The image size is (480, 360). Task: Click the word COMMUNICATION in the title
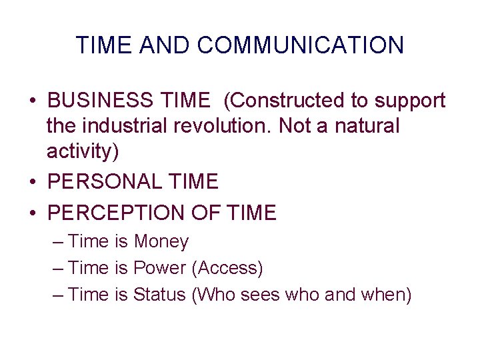301,45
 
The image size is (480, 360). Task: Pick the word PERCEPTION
119,213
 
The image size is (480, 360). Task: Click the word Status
159,294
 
